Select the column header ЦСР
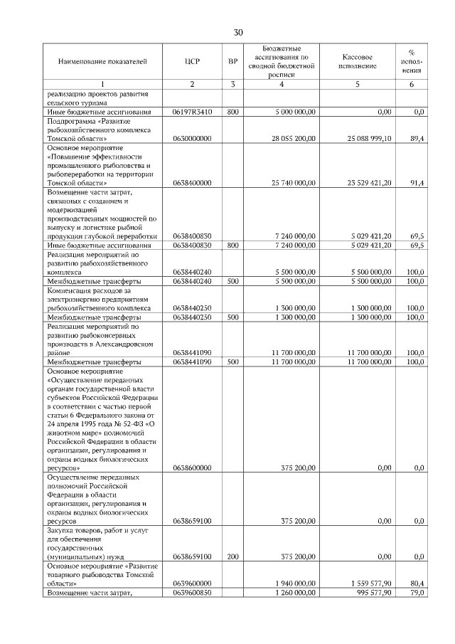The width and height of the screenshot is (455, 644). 192,61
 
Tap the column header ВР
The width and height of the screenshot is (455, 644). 232,61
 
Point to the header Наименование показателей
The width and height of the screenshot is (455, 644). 103,61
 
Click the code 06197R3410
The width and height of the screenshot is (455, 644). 192,112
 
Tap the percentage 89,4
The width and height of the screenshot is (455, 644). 418,138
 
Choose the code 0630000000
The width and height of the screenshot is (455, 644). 192,138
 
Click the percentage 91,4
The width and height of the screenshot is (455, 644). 418,183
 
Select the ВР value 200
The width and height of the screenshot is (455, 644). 232,556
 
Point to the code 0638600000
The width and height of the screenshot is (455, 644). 192,468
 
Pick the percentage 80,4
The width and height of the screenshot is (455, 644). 418,583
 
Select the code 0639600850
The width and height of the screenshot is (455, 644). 192,592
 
